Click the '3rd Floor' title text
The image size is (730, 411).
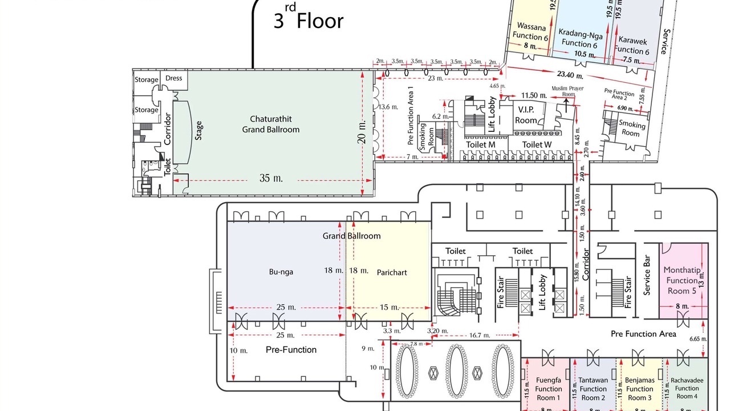point(309,21)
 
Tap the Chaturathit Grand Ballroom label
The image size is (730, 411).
point(274,124)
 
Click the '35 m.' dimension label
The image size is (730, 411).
point(271,179)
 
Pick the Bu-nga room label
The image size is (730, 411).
point(281,272)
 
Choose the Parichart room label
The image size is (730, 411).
point(392,272)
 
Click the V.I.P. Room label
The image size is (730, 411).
point(526,114)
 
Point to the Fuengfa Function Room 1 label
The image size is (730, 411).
point(549,388)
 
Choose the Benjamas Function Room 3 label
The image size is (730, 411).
point(639,388)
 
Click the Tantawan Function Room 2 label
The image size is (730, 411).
point(593,388)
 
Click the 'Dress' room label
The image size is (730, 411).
point(173,78)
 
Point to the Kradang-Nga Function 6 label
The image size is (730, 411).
point(579,38)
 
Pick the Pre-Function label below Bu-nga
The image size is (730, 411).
point(291,349)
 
